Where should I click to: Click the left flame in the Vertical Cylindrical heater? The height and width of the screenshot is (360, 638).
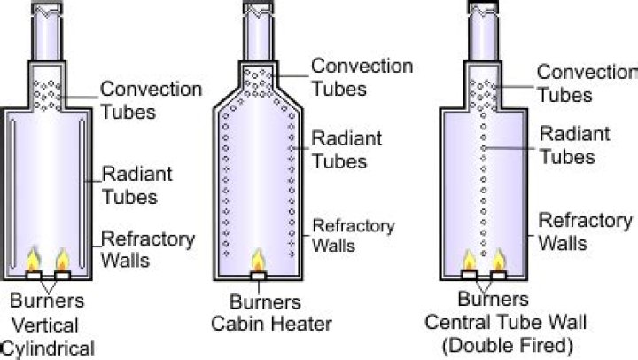coord(35,259)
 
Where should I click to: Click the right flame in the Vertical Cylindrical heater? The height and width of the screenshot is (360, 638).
coord(62,259)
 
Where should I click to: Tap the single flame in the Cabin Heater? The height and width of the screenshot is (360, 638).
coord(258,262)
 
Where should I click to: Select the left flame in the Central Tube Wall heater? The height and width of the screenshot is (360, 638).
coord(471,259)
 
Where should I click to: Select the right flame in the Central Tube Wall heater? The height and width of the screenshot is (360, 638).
coord(498,259)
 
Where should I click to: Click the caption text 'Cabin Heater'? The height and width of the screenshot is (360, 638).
coord(257,324)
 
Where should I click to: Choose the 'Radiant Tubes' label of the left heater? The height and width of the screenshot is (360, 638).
coord(131,184)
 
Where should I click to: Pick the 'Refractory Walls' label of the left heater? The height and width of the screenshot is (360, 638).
coord(135,249)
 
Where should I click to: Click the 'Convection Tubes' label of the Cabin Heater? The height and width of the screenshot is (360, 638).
coord(362,76)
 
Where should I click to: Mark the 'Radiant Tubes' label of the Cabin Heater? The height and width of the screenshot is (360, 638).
coord(346,150)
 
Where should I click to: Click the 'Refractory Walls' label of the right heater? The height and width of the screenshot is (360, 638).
coord(586,231)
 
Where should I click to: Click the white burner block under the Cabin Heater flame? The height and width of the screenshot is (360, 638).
coord(258,276)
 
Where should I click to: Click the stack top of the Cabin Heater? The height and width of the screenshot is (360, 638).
coord(258,11)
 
